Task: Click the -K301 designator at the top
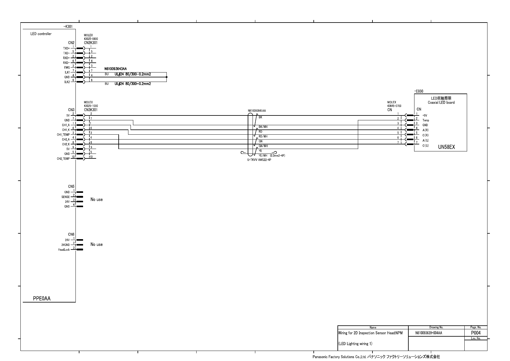68,27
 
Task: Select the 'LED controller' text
41,34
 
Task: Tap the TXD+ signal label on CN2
66,48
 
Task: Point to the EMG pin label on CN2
67,67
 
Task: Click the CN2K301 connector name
91,43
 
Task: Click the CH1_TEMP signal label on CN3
63,135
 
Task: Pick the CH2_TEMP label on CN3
63,159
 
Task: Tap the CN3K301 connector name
91,110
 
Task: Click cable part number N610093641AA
259,111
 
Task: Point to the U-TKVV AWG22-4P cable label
259,160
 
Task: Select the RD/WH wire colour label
263,136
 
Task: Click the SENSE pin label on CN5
65,197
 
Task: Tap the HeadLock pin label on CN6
64,250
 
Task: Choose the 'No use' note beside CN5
96,200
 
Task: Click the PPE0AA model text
42,299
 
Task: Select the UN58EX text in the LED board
446,147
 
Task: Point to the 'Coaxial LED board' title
441,103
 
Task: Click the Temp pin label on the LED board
425,120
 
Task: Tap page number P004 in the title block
476,333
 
